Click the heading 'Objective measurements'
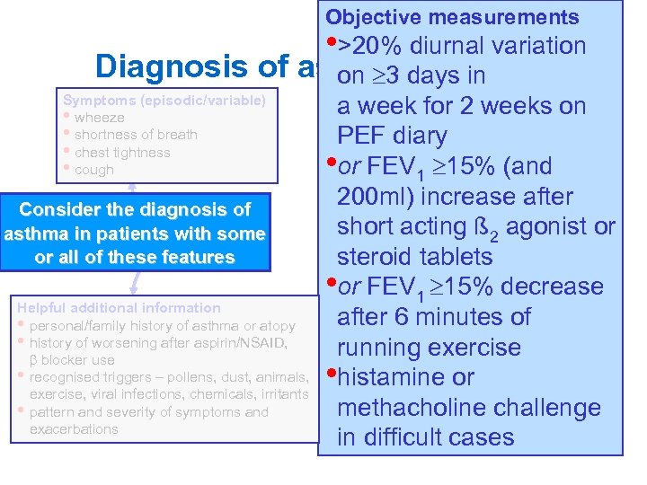(x=452, y=17)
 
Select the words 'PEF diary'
(x=391, y=137)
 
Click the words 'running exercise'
(x=429, y=348)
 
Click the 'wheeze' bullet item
(x=100, y=118)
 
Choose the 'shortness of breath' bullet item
(x=136, y=135)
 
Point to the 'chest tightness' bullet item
(x=122, y=153)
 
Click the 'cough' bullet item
(x=94, y=170)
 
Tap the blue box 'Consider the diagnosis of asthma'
(x=135, y=234)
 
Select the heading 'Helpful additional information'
(x=118, y=308)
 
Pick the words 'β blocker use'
(x=72, y=360)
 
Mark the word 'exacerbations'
(x=74, y=429)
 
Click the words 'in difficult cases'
(x=425, y=437)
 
